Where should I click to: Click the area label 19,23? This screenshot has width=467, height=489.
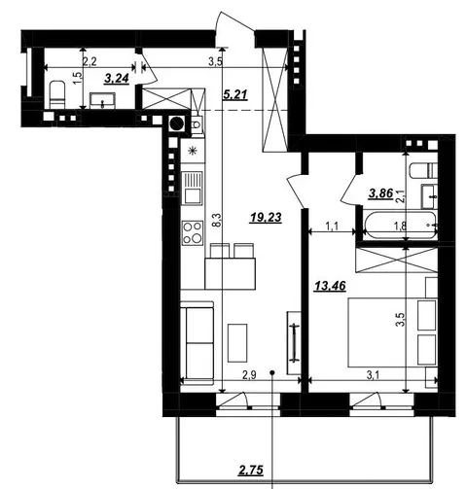pos(266,218)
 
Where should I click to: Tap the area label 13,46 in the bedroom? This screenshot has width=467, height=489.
pos(330,286)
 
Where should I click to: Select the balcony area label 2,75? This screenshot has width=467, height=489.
pos(250,470)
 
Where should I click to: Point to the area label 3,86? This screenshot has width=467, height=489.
pos(381,193)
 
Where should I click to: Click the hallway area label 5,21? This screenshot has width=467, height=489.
pos(235,94)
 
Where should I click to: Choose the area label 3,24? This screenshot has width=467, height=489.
pos(117,78)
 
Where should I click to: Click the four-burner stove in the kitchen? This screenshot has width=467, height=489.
pos(193,232)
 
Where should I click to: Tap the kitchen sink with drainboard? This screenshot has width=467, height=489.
pos(192,188)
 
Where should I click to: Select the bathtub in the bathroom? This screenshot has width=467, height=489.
pos(400,226)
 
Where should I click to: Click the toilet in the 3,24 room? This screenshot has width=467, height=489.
pos(57,94)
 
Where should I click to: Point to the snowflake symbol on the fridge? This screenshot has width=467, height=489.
pos(193,151)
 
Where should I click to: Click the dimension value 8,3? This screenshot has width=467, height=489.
pos(218,220)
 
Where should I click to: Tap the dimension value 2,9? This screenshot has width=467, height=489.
pos(250,375)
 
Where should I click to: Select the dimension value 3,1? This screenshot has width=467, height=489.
pos(374,375)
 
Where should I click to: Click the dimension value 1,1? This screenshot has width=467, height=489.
pos(332,226)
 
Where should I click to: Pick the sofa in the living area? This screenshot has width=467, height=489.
pos(197,343)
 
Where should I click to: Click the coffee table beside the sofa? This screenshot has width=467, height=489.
pos(237,342)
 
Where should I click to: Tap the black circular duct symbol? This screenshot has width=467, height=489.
pos(177,123)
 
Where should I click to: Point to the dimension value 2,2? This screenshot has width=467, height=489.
pos(90,61)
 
